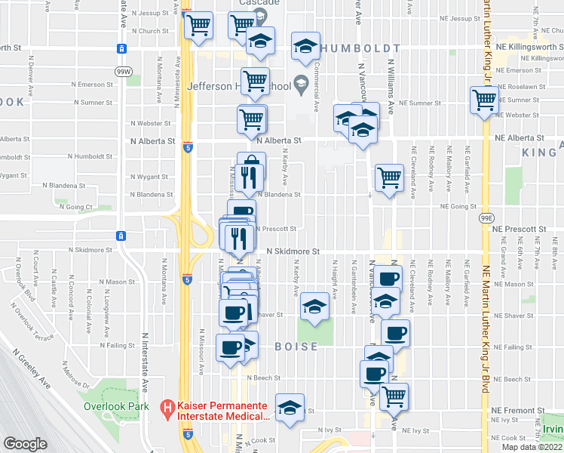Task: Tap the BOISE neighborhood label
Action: [296, 347]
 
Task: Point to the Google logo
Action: [25, 444]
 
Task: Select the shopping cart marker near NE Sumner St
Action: [483, 99]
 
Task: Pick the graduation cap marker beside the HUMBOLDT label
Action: [305, 47]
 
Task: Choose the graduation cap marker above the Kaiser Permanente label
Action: [290, 406]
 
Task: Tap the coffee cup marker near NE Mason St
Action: [391, 278]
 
